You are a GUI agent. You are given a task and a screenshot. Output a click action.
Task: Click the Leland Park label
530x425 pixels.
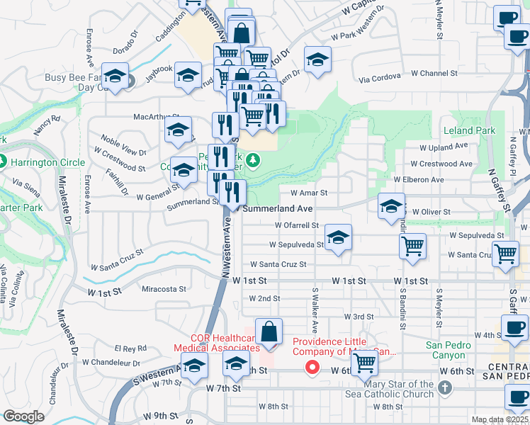(469, 131)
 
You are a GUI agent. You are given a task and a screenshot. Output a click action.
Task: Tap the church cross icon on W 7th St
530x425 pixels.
(444, 387)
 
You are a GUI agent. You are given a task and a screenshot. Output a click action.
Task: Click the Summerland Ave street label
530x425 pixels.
(278, 210)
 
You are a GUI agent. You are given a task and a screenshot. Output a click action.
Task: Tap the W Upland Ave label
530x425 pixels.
(444, 147)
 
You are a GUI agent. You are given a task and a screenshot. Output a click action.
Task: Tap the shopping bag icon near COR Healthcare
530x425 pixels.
(269, 331)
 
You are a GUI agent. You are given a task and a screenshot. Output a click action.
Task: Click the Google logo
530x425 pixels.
(23, 416)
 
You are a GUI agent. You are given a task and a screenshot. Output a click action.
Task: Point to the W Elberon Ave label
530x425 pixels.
(418, 180)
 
